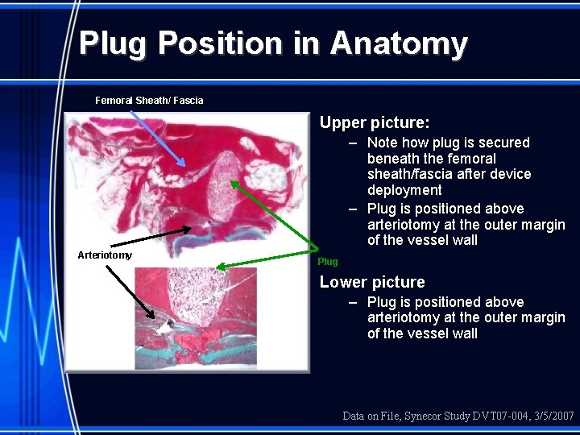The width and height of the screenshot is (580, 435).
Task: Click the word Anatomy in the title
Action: pyautogui.click(x=398, y=43)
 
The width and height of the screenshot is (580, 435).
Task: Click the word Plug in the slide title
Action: pyautogui.click(x=113, y=43)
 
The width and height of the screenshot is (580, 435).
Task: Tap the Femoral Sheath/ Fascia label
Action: pyautogui.click(x=149, y=101)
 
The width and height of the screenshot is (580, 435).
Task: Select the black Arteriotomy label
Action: pyautogui.click(x=105, y=255)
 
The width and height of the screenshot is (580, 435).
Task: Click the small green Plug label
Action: pyautogui.click(x=328, y=262)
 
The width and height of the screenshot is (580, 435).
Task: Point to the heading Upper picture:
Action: pyautogui.click(x=375, y=123)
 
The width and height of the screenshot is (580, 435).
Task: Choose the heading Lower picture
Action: pyautogui.click(x=372, y=282)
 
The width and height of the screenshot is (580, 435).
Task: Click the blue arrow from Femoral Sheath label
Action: pyautogui.click(x=157, y=138)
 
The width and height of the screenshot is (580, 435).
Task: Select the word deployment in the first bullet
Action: pyautogui.click(x=404, y=190)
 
